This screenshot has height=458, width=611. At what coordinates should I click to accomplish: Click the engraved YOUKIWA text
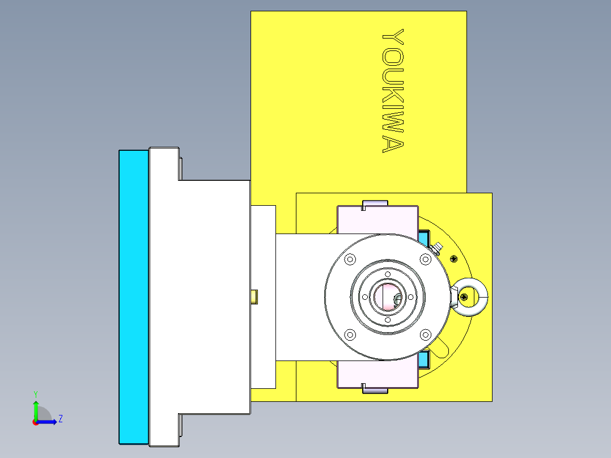tap(393, 91)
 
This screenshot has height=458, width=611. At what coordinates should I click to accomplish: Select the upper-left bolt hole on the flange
tap(349, 259)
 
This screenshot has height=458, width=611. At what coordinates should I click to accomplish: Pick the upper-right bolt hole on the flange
tap(425, 259)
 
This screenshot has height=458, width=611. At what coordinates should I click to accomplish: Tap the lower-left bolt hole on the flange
tap(349, 334)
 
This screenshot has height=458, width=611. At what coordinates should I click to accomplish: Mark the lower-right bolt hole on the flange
tap(425, 334)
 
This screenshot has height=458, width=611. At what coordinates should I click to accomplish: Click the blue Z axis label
tap(60, 419)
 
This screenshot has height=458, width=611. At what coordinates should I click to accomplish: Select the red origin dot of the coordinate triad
tap(35, 422)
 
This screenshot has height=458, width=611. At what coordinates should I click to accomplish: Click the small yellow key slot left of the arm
tap(254, 296)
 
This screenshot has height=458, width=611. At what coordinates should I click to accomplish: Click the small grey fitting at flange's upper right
tap(437, 248)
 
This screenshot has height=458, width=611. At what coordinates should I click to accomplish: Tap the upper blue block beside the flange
tap(423, 235)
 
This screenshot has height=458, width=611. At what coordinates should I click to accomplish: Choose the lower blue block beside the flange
tap(423, 358)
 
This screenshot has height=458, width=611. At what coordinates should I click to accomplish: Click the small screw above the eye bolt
tap(453, 258)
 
